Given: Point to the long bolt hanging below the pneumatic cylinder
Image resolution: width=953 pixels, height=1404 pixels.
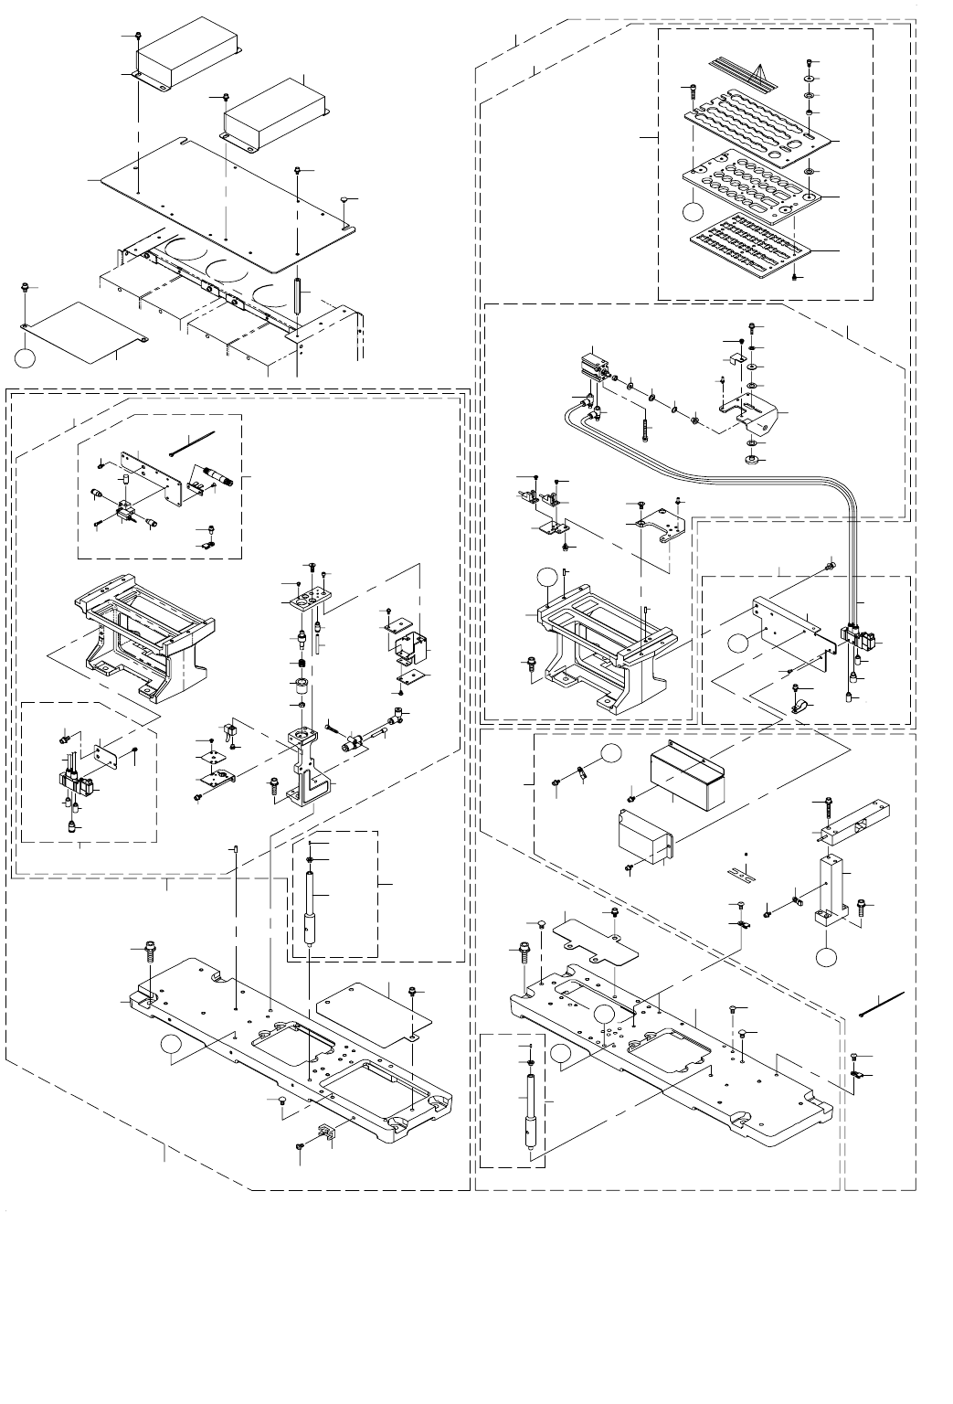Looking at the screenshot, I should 647,429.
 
